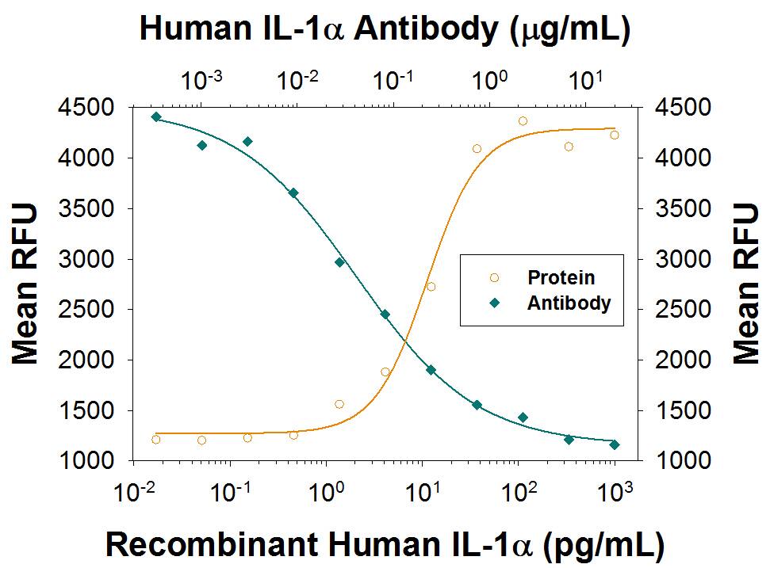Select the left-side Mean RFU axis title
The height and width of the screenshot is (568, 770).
click(x=25, y=284)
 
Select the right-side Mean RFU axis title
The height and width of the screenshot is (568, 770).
click(x=745, y=284)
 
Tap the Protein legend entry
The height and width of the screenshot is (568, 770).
click(x=561, y=278)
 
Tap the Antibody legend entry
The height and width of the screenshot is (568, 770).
click(x=569, y=303)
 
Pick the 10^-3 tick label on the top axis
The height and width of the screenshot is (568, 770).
click(x=202, y=80)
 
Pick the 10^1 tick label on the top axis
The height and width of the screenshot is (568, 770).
click(x=587, y=80)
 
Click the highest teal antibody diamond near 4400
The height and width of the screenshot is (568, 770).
click(x=156, y=116)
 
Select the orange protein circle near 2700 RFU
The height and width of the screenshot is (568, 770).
click(x=431, y=287)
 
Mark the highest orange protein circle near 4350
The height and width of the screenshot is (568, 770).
click(x=523, y=121)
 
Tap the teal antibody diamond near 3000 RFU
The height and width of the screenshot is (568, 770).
click(x=339, y=262)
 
